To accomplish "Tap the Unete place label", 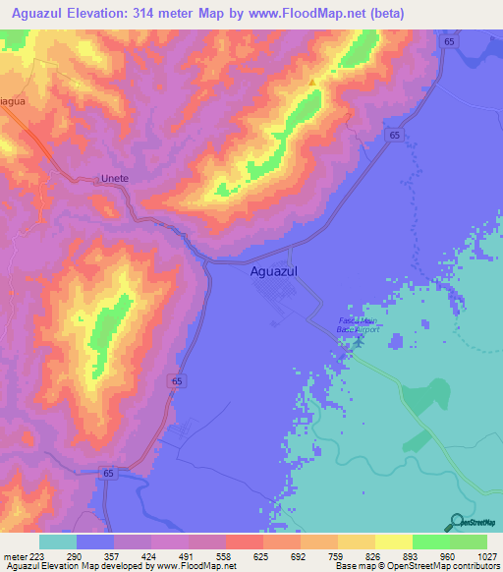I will (116, 179).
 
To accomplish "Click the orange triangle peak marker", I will (313, 83).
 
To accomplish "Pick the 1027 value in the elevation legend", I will (487, 555).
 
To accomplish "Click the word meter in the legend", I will (15, 555).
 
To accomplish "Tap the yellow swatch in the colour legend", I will (393, 542).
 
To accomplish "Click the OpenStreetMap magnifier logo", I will (455, 521).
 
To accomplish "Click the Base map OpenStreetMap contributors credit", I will (417, 566).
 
